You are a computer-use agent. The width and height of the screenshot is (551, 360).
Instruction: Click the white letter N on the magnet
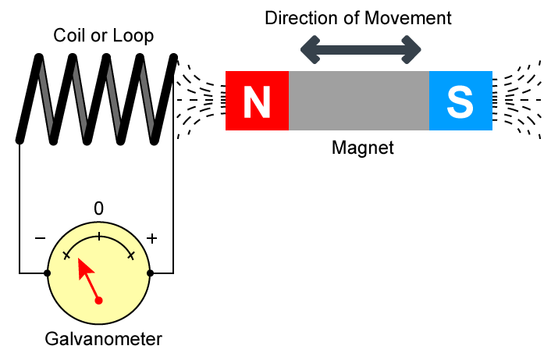coord(257,102)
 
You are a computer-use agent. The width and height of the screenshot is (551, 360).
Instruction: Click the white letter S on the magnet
coord(460,102)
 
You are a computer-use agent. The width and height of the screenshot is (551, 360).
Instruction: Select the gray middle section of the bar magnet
coord(359,101)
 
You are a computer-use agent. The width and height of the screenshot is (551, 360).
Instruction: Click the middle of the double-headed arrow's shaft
coord(361,49)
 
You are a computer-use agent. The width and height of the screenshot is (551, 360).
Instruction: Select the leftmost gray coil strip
coord(46,99)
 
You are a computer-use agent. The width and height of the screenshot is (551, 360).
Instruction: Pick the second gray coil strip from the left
coord(80,99)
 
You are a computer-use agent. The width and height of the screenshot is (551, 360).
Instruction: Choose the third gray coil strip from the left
coord(113,99)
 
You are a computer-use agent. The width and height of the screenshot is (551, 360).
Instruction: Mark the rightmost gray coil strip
coord(147,99)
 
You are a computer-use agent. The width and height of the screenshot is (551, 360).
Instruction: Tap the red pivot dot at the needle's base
coord(98,300)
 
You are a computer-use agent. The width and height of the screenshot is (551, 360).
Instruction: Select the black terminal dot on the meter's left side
coord(48,273)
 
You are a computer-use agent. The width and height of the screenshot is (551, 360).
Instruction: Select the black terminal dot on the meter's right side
coord(149,273)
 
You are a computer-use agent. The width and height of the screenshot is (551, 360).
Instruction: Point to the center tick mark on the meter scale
coord(98,235)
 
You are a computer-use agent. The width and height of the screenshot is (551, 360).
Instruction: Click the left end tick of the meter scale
coord(66,255)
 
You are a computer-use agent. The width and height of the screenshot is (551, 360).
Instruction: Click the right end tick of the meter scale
coord(130,255)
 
